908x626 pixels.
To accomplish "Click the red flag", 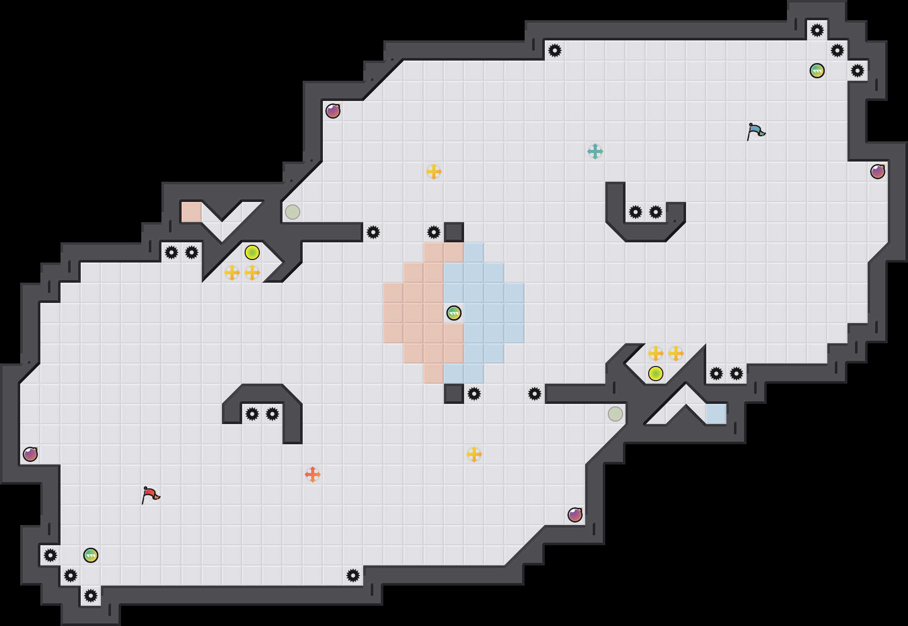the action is pyautogui.click(x=150, y=495).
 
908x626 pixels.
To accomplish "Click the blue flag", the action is pyautogui.click(x=755, y=131).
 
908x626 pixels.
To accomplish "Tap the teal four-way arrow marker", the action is pyautogui.click(x=595, y=151).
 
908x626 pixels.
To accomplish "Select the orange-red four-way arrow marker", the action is pyautogui.click(x=313, y=475).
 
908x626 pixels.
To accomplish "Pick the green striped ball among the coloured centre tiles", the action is pyautogui.click(x=454, y=313).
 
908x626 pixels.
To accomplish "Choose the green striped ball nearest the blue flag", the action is pyautogui.click(x=817, y=71).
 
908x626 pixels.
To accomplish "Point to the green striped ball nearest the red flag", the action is pyautogui.click(x=91, y=555).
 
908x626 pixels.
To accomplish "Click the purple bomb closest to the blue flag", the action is pyautogui.click(x=878, y=172).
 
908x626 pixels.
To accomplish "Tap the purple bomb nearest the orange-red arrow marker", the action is pyautogui.click(x=575, y=515).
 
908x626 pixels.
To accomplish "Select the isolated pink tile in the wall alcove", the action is pyautogui.click(x=192, y=212).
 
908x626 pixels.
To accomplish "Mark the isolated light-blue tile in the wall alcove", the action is pyautogui.click(x=716, y=414).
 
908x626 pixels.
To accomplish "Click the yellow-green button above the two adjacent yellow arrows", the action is pyautogui.click(x=252, y=252).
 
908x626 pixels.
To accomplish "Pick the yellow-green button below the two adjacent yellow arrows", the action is pyautogui.click(x=656, y=374).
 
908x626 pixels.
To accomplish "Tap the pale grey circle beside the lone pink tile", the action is pyautogui.click(x=293, y=212).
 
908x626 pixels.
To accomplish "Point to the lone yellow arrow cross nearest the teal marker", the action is pyautogui.click(x=434, y=172).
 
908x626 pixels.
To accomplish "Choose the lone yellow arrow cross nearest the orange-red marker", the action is pyautogui.click(x=474, y=454).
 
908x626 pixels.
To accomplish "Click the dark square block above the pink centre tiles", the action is pyautogui.click(x=454, y=232).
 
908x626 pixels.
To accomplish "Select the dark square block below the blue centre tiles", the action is pyautogui.click(x=454, y=394).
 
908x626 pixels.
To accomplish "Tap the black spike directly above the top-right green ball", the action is pyautogui.click(x=817, y=30).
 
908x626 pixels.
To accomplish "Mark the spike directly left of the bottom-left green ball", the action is pyautogui.click(x=50, y=555).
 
